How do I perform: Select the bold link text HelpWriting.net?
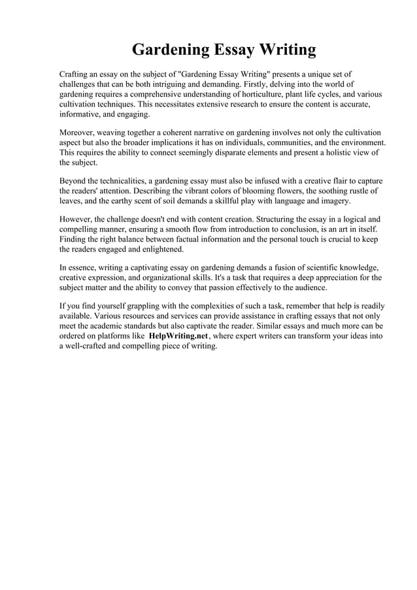178,336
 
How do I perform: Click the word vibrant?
195,190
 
